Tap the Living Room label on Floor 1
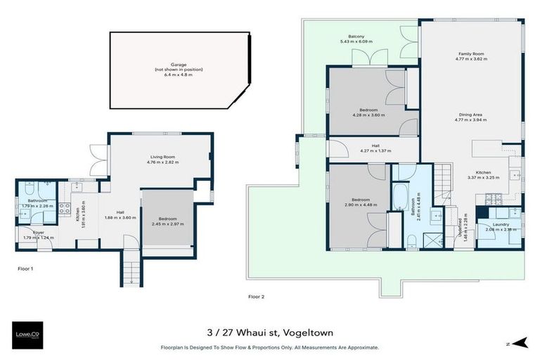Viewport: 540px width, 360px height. click(x=162, y=157)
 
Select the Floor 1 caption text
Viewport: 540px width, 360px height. click(x=25, y=269)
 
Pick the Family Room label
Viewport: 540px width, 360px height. click(x=471, y=54)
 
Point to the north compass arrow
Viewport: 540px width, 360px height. click(x=520, y=342)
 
